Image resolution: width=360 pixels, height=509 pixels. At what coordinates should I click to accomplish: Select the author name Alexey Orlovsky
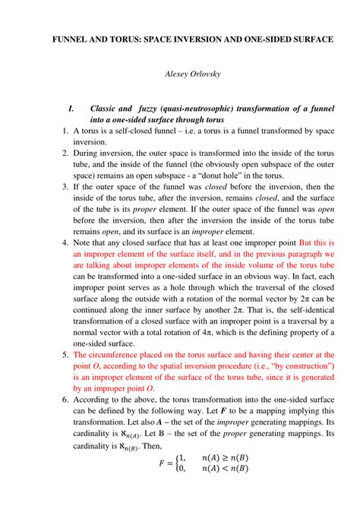180,74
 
